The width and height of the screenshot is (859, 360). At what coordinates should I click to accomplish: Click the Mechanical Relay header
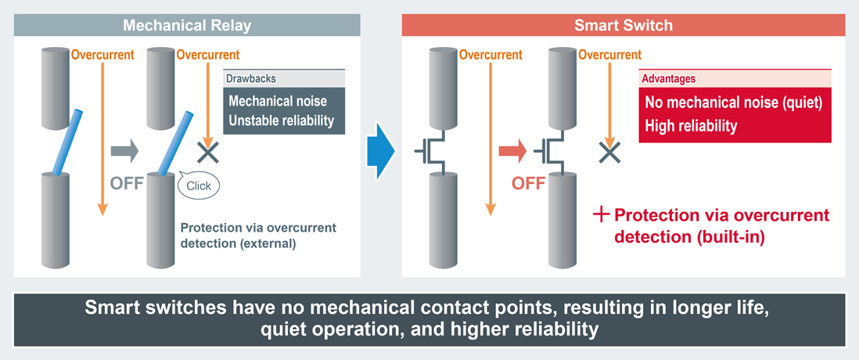(x=187, y=25)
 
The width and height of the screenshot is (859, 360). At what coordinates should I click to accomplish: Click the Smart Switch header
(x=624, y=25)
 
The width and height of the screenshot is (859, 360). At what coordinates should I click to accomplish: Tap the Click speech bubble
(x=199, y=185)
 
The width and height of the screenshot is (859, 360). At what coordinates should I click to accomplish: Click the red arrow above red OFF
(x=512, y=151)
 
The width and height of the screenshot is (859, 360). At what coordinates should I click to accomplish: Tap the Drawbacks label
(x=250, y=79)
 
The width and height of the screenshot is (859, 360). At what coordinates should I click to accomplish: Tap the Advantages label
(x=668, y=79)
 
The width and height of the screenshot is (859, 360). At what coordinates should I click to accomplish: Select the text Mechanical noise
(x=278, y=102)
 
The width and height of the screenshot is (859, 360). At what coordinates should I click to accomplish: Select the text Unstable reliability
(x=281, y=121)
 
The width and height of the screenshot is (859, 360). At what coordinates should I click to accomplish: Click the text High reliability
(x=691, y=125)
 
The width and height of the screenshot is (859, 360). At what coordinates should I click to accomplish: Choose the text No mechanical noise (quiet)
(x=733, y=103)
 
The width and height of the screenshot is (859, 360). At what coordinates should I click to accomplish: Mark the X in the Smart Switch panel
(x=609, y=152)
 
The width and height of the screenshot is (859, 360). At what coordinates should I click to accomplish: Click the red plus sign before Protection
(x=601, y=214)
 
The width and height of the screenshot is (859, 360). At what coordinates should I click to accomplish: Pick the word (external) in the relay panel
(x=268, y=243)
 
